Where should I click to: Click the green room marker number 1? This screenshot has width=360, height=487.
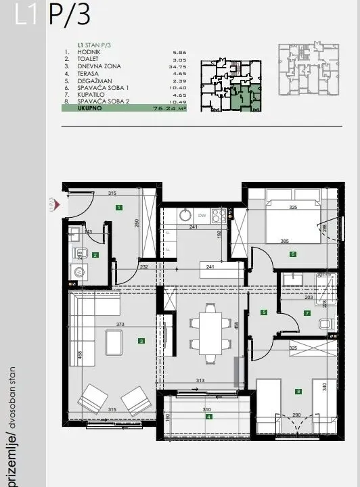point(118,208)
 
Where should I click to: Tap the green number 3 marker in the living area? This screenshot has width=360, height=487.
point(141,341)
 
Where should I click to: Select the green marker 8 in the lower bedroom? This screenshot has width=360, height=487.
point(298,390)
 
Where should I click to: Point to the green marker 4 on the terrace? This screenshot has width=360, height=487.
point(209,417)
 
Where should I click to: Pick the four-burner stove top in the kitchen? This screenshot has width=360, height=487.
point(219,216)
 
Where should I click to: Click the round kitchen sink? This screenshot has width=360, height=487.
point(184,216)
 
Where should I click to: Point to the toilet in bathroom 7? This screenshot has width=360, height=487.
point(327,324)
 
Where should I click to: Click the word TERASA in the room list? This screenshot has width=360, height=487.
point(88,72)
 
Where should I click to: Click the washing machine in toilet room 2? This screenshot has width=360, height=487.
point(78,273)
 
